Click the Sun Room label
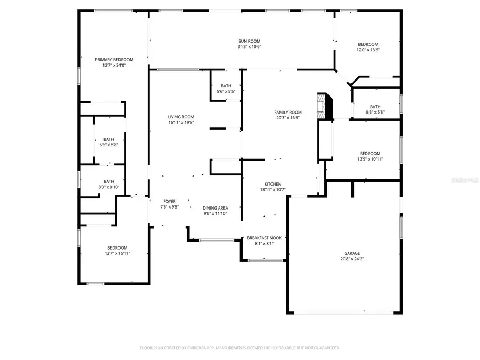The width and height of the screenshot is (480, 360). point(249,41)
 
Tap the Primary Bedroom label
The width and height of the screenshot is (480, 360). point(114,60)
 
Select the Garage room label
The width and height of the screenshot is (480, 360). point(351,253)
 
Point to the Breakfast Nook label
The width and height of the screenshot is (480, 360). point(264,238)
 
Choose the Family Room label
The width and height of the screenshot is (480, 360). point(288,112)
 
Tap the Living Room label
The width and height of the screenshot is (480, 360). point(181,117)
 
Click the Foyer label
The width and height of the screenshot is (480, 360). point(170,201)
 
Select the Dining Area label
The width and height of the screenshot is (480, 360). point(215,208)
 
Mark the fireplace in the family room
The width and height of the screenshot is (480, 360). point(324,107)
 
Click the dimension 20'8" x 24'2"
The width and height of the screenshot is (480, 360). point(351,259)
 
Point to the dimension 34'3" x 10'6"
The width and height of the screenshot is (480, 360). point(249,47)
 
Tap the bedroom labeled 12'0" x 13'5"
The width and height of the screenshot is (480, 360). point(368,47)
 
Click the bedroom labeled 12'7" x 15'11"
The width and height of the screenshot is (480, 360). point(117,251)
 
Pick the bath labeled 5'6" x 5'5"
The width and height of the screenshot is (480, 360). point(226,89)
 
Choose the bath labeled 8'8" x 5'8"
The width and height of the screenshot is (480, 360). point(375,109)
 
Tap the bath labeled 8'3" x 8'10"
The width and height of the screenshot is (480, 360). point(109,184)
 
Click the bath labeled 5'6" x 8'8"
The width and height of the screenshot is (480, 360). point(109,141)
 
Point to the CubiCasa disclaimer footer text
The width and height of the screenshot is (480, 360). point(240,348)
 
